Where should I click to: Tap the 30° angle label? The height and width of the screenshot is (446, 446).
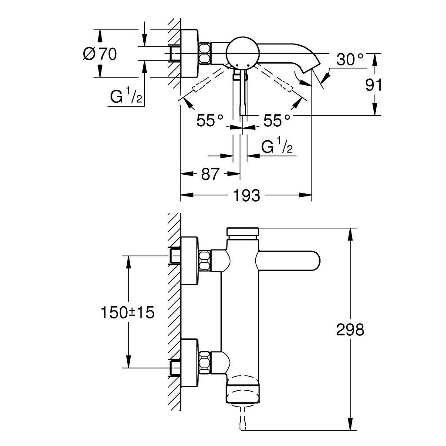tap(349, 60)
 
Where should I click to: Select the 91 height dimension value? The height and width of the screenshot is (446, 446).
tap(373, 85)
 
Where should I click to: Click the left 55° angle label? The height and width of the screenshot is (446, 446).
tap(209, 120)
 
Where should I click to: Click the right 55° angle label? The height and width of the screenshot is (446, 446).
tap(276, 120)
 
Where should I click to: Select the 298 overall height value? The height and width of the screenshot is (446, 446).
tap(350, 329)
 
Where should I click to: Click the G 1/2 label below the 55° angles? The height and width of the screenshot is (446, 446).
tap(277, 148)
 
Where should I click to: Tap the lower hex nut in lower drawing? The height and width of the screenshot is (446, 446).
tap(205, 360)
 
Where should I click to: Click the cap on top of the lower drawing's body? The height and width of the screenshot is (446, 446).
tap(242, 232)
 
